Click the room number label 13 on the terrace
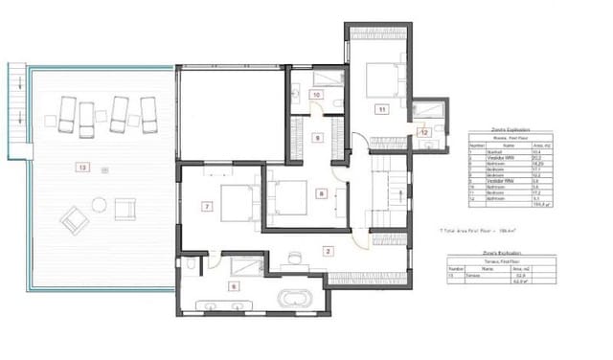[x=83, y=168]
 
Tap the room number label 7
[x=206, y=206]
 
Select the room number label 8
[x=322, y=194]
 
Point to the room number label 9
[x=317, y=138]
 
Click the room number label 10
[x=316, y=95]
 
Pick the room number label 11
[x=381, y=109]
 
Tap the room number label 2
[x=328, y=252]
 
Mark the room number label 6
[x=233, y=285]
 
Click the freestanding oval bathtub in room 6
[x=293, y=300]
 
